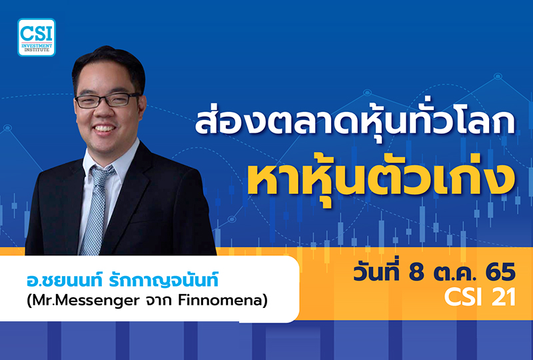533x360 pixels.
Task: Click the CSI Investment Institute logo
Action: [x=37, y=37]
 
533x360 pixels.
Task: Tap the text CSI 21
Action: [x=480, y=297]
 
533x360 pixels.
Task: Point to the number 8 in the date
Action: [x=424, y=274]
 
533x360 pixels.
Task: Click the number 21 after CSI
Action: [x=504, y=297]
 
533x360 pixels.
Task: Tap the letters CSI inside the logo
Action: [x=37, y=32]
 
